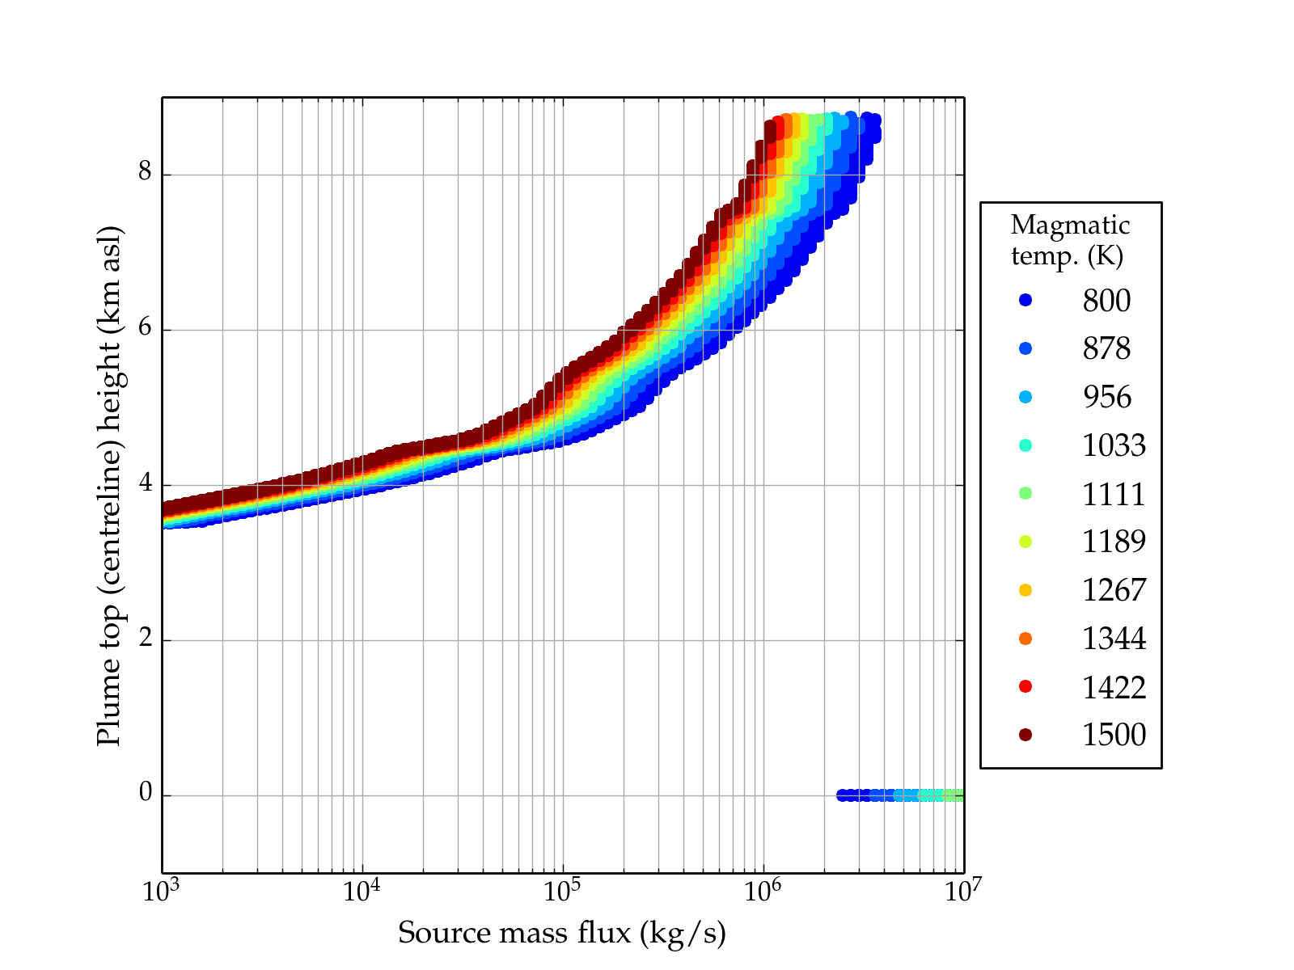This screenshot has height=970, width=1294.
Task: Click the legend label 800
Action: click(x=1106, y=301)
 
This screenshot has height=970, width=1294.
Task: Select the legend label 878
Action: click(x=1106, y=348)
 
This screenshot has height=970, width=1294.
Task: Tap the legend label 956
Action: click(x=1106, y=397)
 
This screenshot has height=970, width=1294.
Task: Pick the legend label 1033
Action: click(x=1114, y=445)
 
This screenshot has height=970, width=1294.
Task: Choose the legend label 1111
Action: click(x=1114, y=494)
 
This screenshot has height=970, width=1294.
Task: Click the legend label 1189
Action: click(x=1114, y=542)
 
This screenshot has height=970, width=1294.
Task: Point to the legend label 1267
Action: click(x=1114, y=590)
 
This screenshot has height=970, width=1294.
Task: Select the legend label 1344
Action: click(x=1114, y=639)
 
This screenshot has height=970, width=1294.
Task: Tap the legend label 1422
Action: click(x=1114, y=687)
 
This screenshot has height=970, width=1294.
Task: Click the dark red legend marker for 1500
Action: click(x=1025, y=735)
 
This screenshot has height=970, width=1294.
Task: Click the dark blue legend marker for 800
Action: click(x=1025, y=301)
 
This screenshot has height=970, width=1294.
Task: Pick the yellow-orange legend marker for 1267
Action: click(x=1025, y=590)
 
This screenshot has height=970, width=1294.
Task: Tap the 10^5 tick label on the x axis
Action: click(x=562, y=891)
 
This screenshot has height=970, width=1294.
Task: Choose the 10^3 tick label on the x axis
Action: click(x=162, y=891)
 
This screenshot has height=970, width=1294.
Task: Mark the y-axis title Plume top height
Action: click(x=108, y=485)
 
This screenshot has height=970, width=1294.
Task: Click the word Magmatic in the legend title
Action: click(x=1070, y=225)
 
